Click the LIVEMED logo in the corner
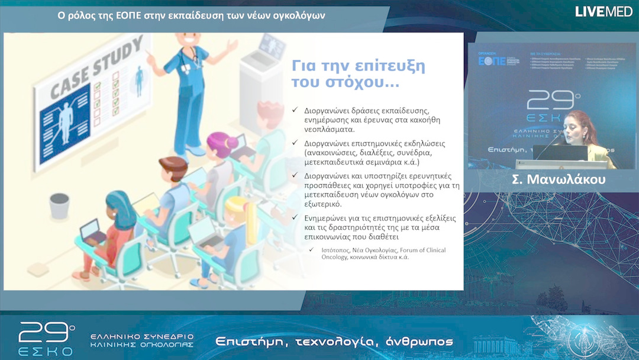click(603, 11)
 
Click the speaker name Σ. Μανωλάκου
click(553, 180)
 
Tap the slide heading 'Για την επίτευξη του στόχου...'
click(358, 74)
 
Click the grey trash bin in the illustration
click(59, 206)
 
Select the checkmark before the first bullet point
click(295, 111)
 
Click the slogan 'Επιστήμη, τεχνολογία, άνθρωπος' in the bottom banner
click(334, 342)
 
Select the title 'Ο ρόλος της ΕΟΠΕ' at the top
click(101, 15)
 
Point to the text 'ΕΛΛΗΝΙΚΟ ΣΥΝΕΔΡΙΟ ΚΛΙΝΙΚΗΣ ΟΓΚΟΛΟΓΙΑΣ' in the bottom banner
click(141, 340)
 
